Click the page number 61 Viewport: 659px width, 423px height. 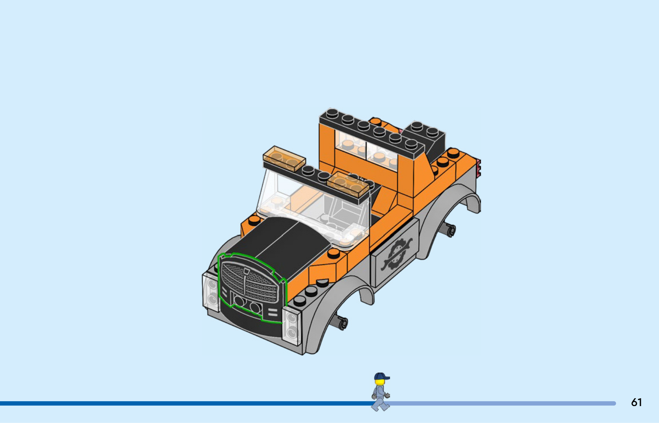636,402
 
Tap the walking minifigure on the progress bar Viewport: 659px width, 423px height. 381,392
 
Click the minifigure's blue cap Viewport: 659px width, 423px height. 381,376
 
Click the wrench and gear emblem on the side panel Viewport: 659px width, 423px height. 396,254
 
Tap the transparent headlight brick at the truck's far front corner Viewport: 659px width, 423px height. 211,291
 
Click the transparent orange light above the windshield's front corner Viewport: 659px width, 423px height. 284,159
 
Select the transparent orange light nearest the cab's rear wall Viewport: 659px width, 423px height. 348,185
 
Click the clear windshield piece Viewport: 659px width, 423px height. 312,209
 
